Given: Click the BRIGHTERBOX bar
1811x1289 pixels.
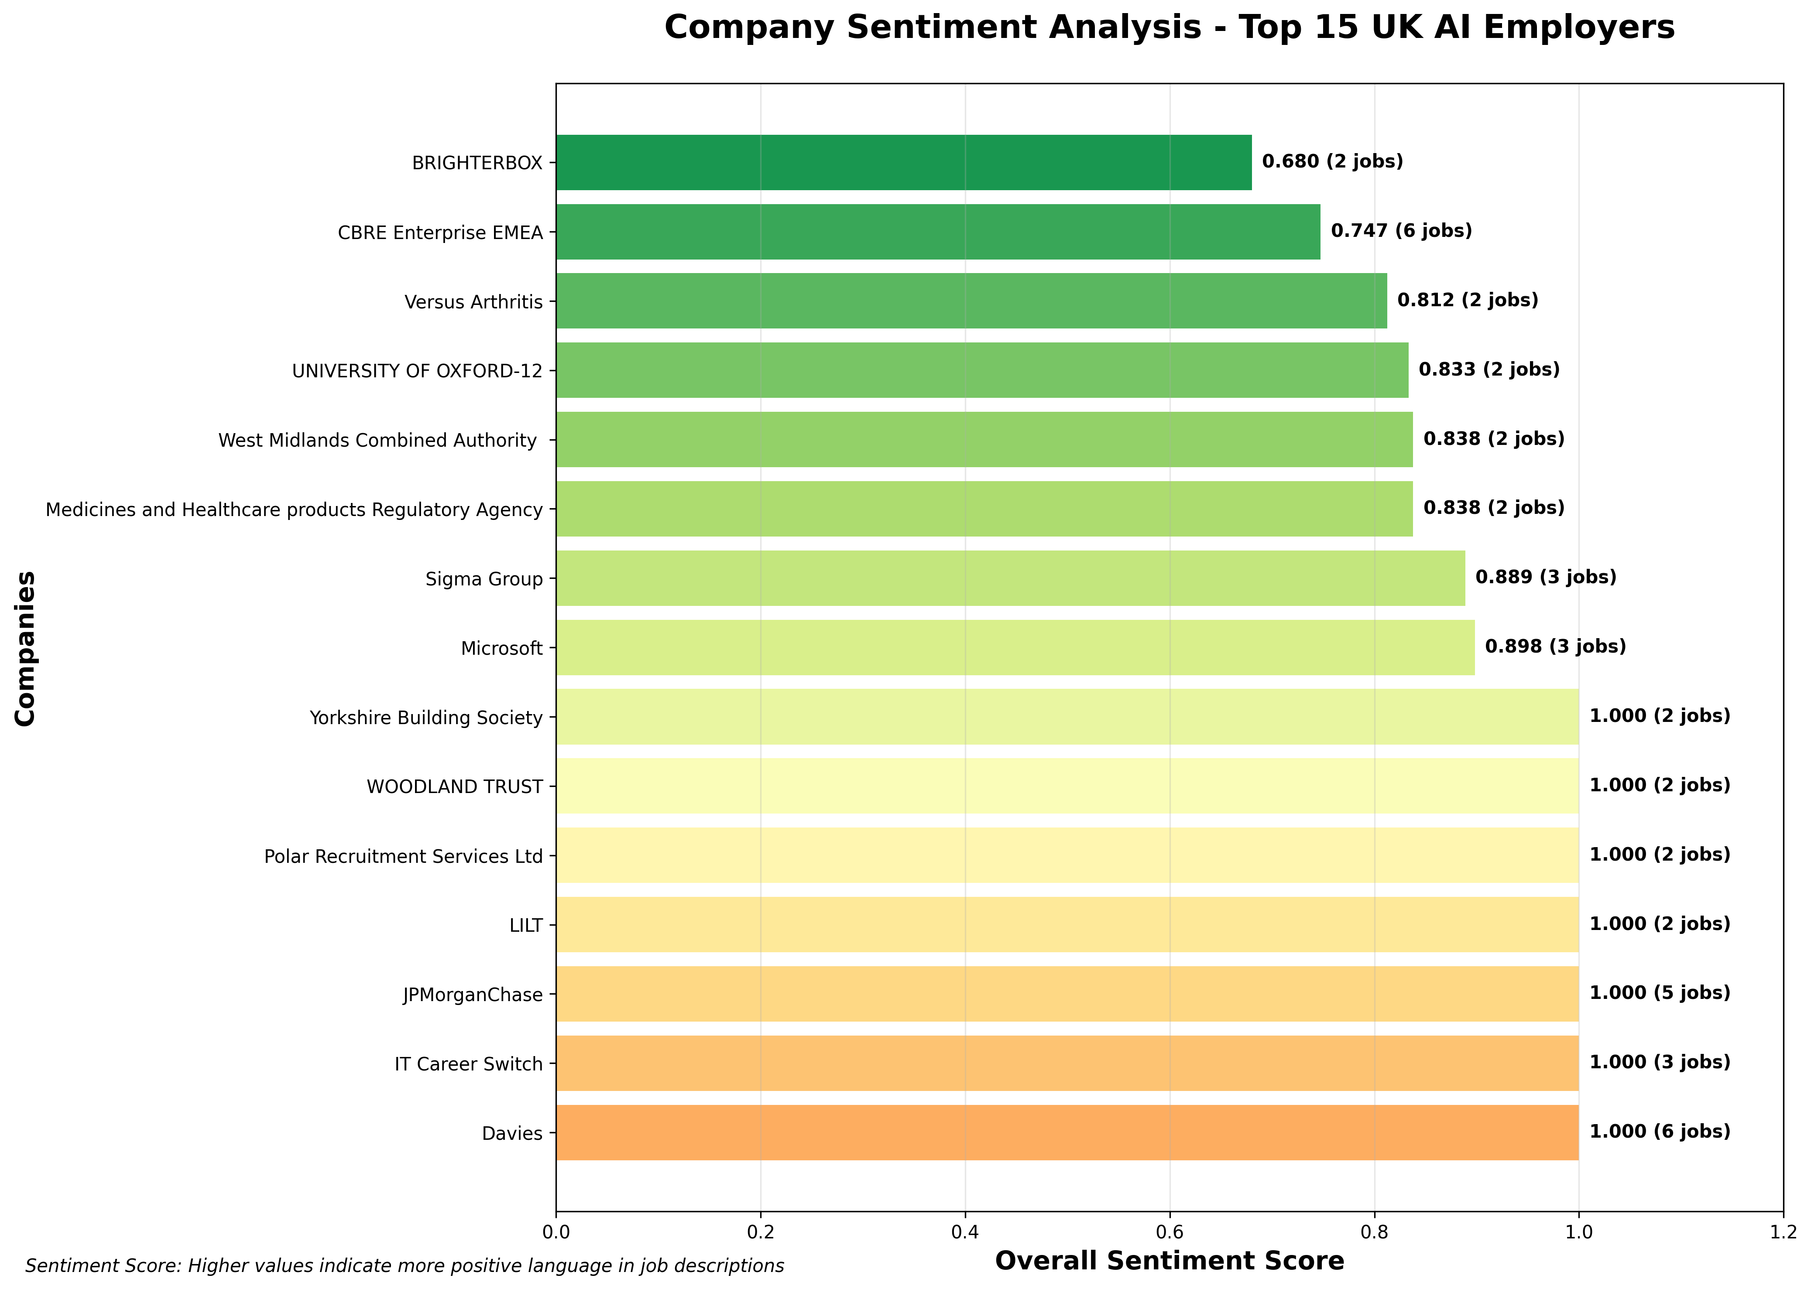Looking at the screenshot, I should click(x=903, y=163).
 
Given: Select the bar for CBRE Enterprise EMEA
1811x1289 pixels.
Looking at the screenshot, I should click(x=938, y=232).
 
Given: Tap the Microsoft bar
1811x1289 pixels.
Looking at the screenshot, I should click(x=1015, y=648).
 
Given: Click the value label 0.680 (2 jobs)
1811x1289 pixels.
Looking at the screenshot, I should click(x=1332, y=162).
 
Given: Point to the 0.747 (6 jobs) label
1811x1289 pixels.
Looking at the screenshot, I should click(x=1401, y=231).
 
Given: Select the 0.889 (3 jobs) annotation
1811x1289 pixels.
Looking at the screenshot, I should click(x=1545, y=577).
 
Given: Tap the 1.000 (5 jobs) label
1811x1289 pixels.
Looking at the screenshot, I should click(x=1659, y=993).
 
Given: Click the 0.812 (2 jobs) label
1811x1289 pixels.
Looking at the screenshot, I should click(x=1467, y=300).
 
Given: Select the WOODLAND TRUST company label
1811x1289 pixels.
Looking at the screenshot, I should click(x=455, y=786).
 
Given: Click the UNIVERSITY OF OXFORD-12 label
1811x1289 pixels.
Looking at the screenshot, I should click(x=418, y=371).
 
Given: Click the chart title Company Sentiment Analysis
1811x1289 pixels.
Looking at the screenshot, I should click(x=1170, y=28).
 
